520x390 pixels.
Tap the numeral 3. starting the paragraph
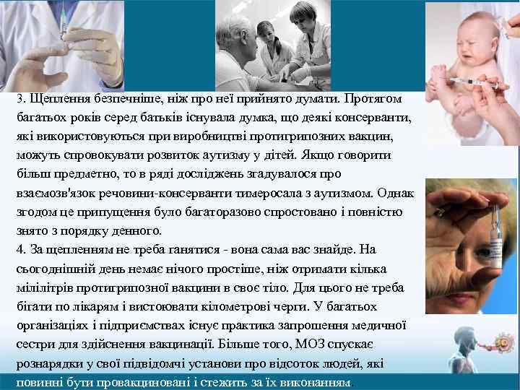21,97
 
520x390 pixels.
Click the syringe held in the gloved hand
65,29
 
